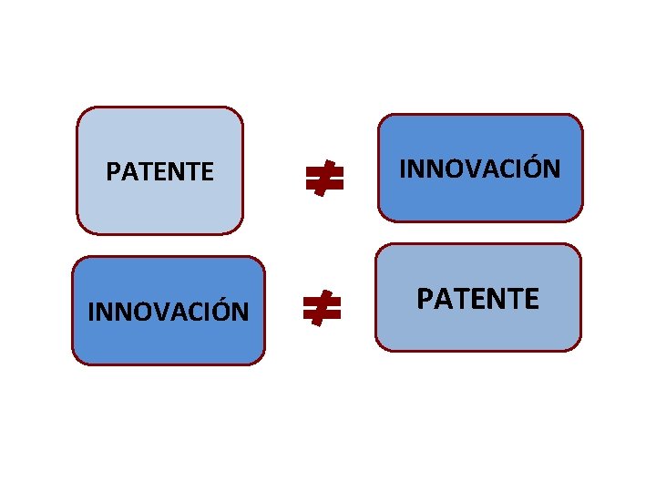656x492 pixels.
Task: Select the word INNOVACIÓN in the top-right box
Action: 480,169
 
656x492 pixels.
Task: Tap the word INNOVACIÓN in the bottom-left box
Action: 168,312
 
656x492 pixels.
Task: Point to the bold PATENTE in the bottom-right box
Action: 478,298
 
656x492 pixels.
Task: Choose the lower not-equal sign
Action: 323,310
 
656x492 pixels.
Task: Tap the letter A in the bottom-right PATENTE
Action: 442,298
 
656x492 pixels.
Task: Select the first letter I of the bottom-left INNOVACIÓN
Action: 91,312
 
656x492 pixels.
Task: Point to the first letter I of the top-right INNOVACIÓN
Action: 404,169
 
